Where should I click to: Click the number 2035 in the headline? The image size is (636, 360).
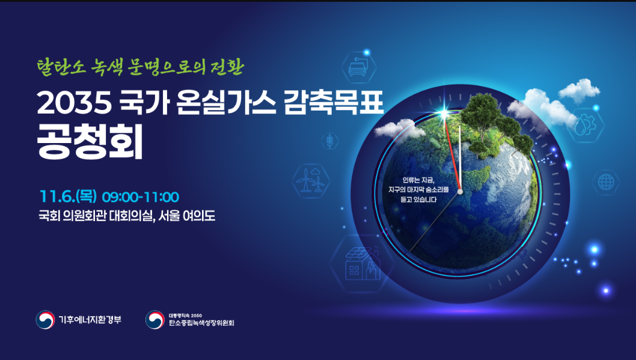pos(74,103)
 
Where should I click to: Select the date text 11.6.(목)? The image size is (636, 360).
pos(68,197)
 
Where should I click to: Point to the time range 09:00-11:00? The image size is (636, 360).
pos(140,197)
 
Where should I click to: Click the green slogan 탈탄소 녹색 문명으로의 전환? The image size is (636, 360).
pos(140,67)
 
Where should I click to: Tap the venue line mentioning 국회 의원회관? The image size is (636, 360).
pos(127,216)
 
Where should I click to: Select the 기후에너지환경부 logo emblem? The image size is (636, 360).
pos(45,320)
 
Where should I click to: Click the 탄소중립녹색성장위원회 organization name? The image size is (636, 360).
pos(201,323)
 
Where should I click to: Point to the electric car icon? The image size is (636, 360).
pos(358,67)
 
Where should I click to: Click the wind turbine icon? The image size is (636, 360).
pos(311,180)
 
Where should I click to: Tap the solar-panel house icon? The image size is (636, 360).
pos(362,263)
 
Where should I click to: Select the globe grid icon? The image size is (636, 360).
pos(606,183)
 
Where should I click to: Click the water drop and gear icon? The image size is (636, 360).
pos(585,125)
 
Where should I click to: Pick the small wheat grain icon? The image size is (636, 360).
pos(330,141)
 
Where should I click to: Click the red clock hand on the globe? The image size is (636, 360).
pos(452,154)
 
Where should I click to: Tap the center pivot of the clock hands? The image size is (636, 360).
pos(460,191)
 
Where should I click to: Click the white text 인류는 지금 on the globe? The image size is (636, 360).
pos(418,180)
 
